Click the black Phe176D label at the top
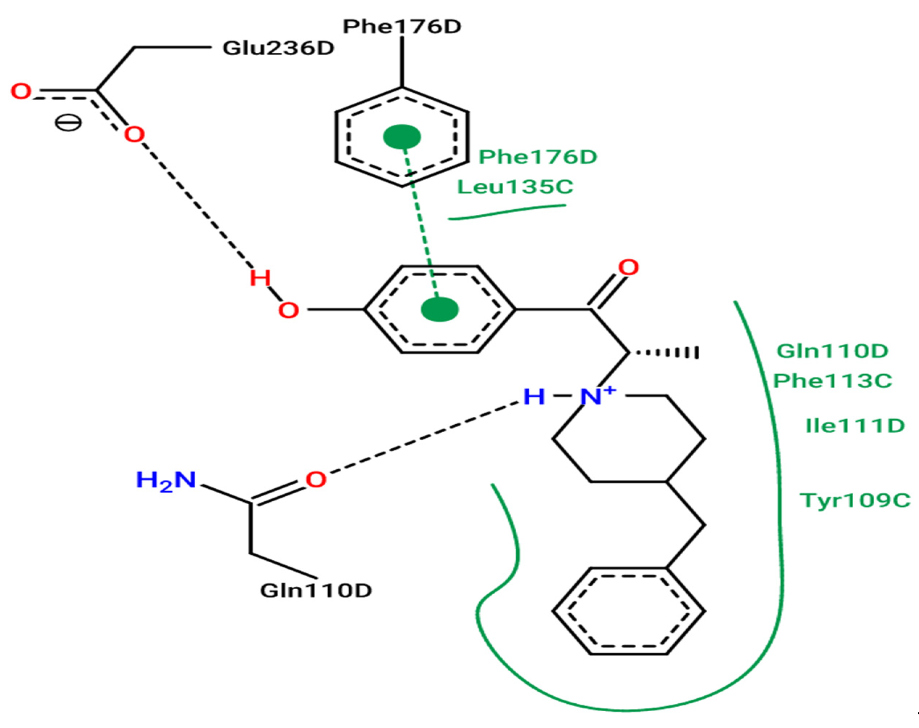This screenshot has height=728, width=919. point(402,27)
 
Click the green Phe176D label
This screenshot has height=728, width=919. point(538,157)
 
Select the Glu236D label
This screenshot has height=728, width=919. point(278,48)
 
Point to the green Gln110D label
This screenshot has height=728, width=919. point(832,351)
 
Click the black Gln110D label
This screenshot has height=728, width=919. point(316,591)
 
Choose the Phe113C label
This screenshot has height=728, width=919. point(833,381)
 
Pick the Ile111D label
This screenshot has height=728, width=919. point(855,426)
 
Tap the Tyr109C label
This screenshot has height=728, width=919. point(855,500)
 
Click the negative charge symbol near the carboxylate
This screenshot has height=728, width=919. point(68,124)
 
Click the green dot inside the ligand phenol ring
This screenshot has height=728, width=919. point(440,309)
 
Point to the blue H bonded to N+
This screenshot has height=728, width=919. point(534,396)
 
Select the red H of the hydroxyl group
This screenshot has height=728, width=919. point(260,278)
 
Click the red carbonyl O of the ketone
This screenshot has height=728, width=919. point(629,268)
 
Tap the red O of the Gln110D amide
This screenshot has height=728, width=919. point(316,480)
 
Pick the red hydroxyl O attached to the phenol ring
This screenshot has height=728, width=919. point(288,310)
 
